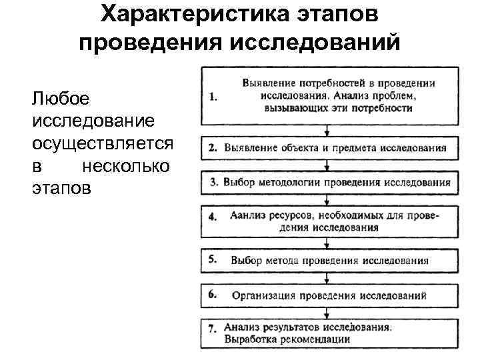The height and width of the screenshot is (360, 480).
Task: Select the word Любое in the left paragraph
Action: click(55, 99)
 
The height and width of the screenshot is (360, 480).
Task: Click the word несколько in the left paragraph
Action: click(125, 166)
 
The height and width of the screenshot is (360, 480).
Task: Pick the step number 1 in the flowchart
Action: click(213, 97)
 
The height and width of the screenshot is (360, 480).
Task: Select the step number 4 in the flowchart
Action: click(213, 217)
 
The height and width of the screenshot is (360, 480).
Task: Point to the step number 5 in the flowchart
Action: click(213, 259)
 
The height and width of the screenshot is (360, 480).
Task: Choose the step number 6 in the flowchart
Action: click(213, 293)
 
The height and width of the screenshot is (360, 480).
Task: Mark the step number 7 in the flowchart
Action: click(213, 329)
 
